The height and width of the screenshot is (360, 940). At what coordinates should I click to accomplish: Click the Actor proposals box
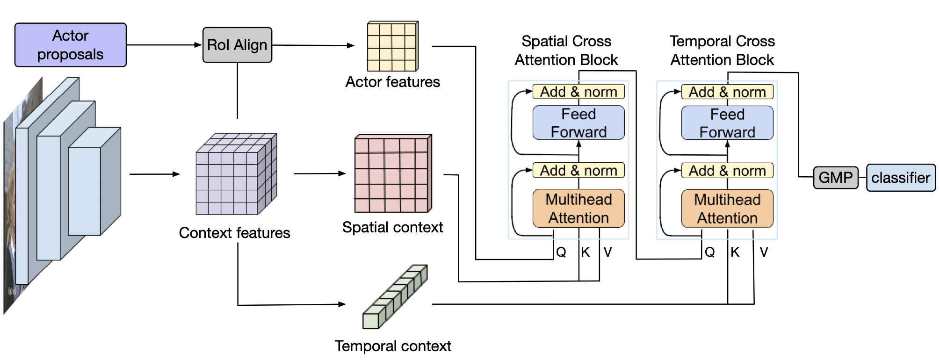point(71,45)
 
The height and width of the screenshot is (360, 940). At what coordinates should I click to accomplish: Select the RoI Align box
point(237,45)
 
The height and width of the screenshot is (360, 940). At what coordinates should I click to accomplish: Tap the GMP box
point(836,178)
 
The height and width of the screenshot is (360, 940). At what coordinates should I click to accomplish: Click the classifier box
point(901,178)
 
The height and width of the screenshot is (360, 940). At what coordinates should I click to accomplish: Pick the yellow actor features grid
point(392,46)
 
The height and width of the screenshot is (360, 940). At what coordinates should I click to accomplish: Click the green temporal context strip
point(395,297)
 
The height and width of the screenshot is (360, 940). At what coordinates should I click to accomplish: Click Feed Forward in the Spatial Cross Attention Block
point(578,123)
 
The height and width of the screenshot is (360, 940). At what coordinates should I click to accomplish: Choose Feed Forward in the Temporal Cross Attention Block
point(727,123)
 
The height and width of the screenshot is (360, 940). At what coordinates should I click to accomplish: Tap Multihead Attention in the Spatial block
point(578,209)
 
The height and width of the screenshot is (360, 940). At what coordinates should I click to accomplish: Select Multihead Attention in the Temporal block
point(727,209)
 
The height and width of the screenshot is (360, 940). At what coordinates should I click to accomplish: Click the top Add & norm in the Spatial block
point(578,92)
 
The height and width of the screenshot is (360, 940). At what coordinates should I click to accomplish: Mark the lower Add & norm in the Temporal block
point(727,171)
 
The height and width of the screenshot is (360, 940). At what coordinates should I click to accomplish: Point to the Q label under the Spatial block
point(561,252)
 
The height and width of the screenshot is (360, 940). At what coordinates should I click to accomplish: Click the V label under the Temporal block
point(764,252)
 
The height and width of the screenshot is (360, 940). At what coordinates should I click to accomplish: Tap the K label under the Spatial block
point(586,252)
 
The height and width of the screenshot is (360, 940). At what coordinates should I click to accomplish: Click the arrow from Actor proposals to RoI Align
point(164,45)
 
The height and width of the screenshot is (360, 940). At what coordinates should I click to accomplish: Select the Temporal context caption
point(393,346)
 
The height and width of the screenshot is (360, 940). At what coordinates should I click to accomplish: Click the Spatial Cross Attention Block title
point(566,50)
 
